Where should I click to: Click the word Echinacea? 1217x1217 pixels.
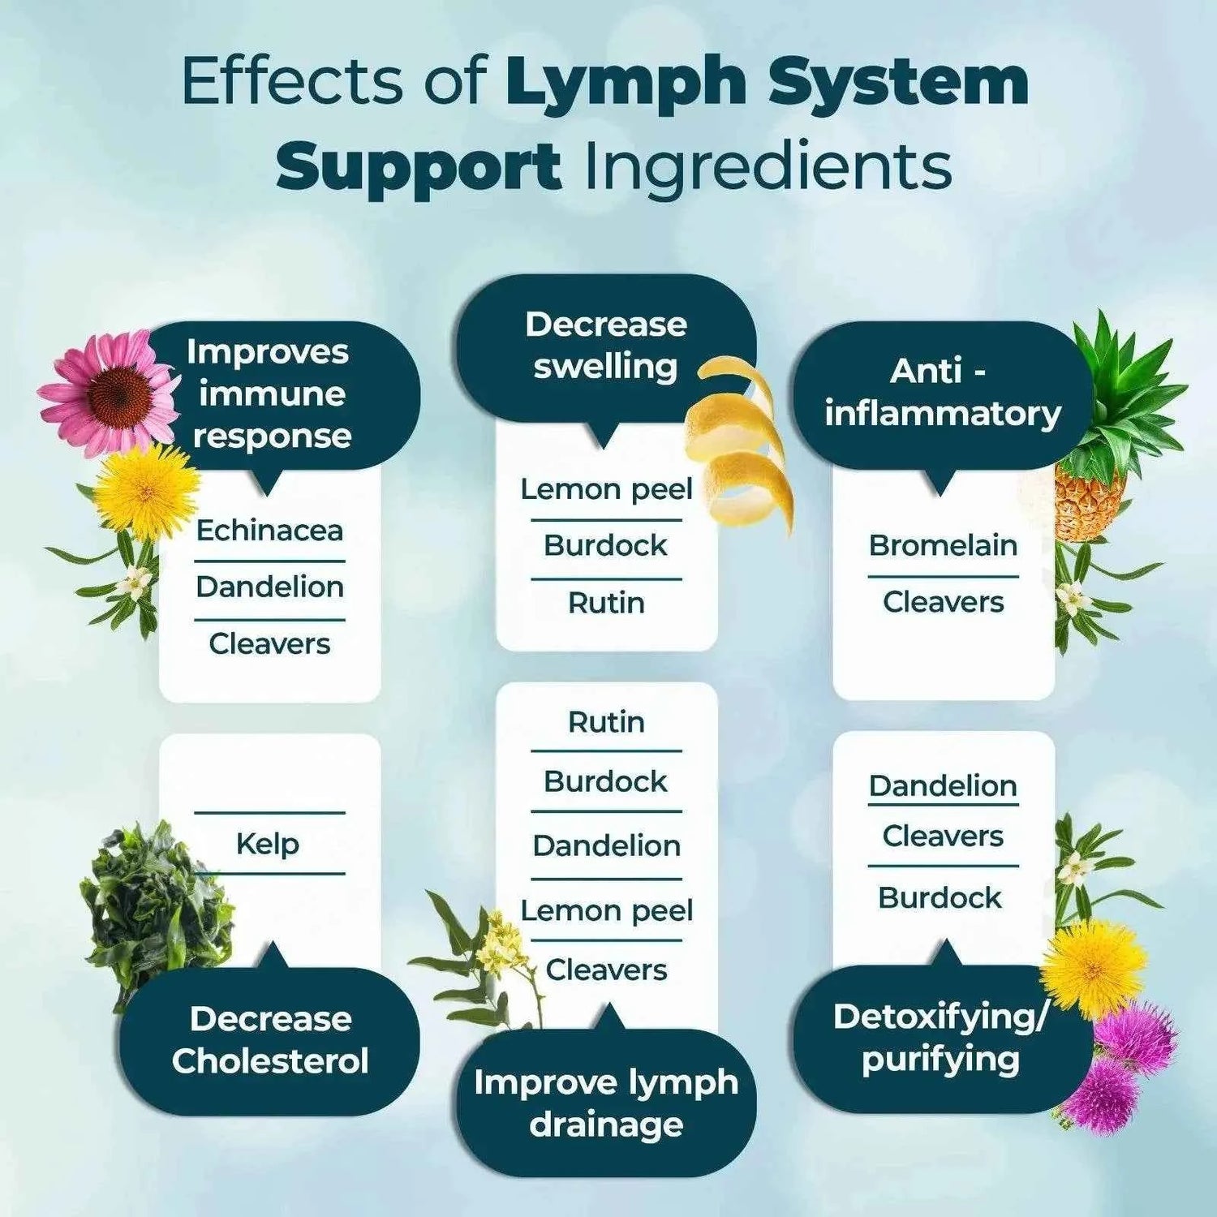(x=269, y=531)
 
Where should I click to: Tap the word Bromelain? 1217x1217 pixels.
(x=943, y=545)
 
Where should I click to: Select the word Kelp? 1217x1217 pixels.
(x=268, y=844)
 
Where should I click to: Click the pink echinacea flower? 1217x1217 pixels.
(x=110, y=393)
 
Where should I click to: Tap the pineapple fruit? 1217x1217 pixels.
(x=1091, y=495)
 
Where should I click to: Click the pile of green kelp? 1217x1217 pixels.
(x=150, y=901)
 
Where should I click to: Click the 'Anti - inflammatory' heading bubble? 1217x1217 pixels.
(x=942, y=393)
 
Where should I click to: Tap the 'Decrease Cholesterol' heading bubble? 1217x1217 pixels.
(x=270, y=1040)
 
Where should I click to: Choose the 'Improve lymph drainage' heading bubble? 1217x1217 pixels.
(x=606, y=1103)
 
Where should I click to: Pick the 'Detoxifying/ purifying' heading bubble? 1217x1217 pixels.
(x=941, y=1039)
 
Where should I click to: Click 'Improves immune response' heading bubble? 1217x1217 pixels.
(x=269, y=394)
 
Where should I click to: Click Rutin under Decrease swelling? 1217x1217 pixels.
(x=606, y=604)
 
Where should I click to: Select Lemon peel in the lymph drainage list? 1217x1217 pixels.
(x=606, y=911)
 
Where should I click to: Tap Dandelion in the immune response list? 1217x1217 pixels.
(x=269, y=587)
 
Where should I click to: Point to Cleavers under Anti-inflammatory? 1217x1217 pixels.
(x=943, y=602)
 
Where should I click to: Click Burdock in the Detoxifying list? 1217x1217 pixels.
(x=940, y=898)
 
